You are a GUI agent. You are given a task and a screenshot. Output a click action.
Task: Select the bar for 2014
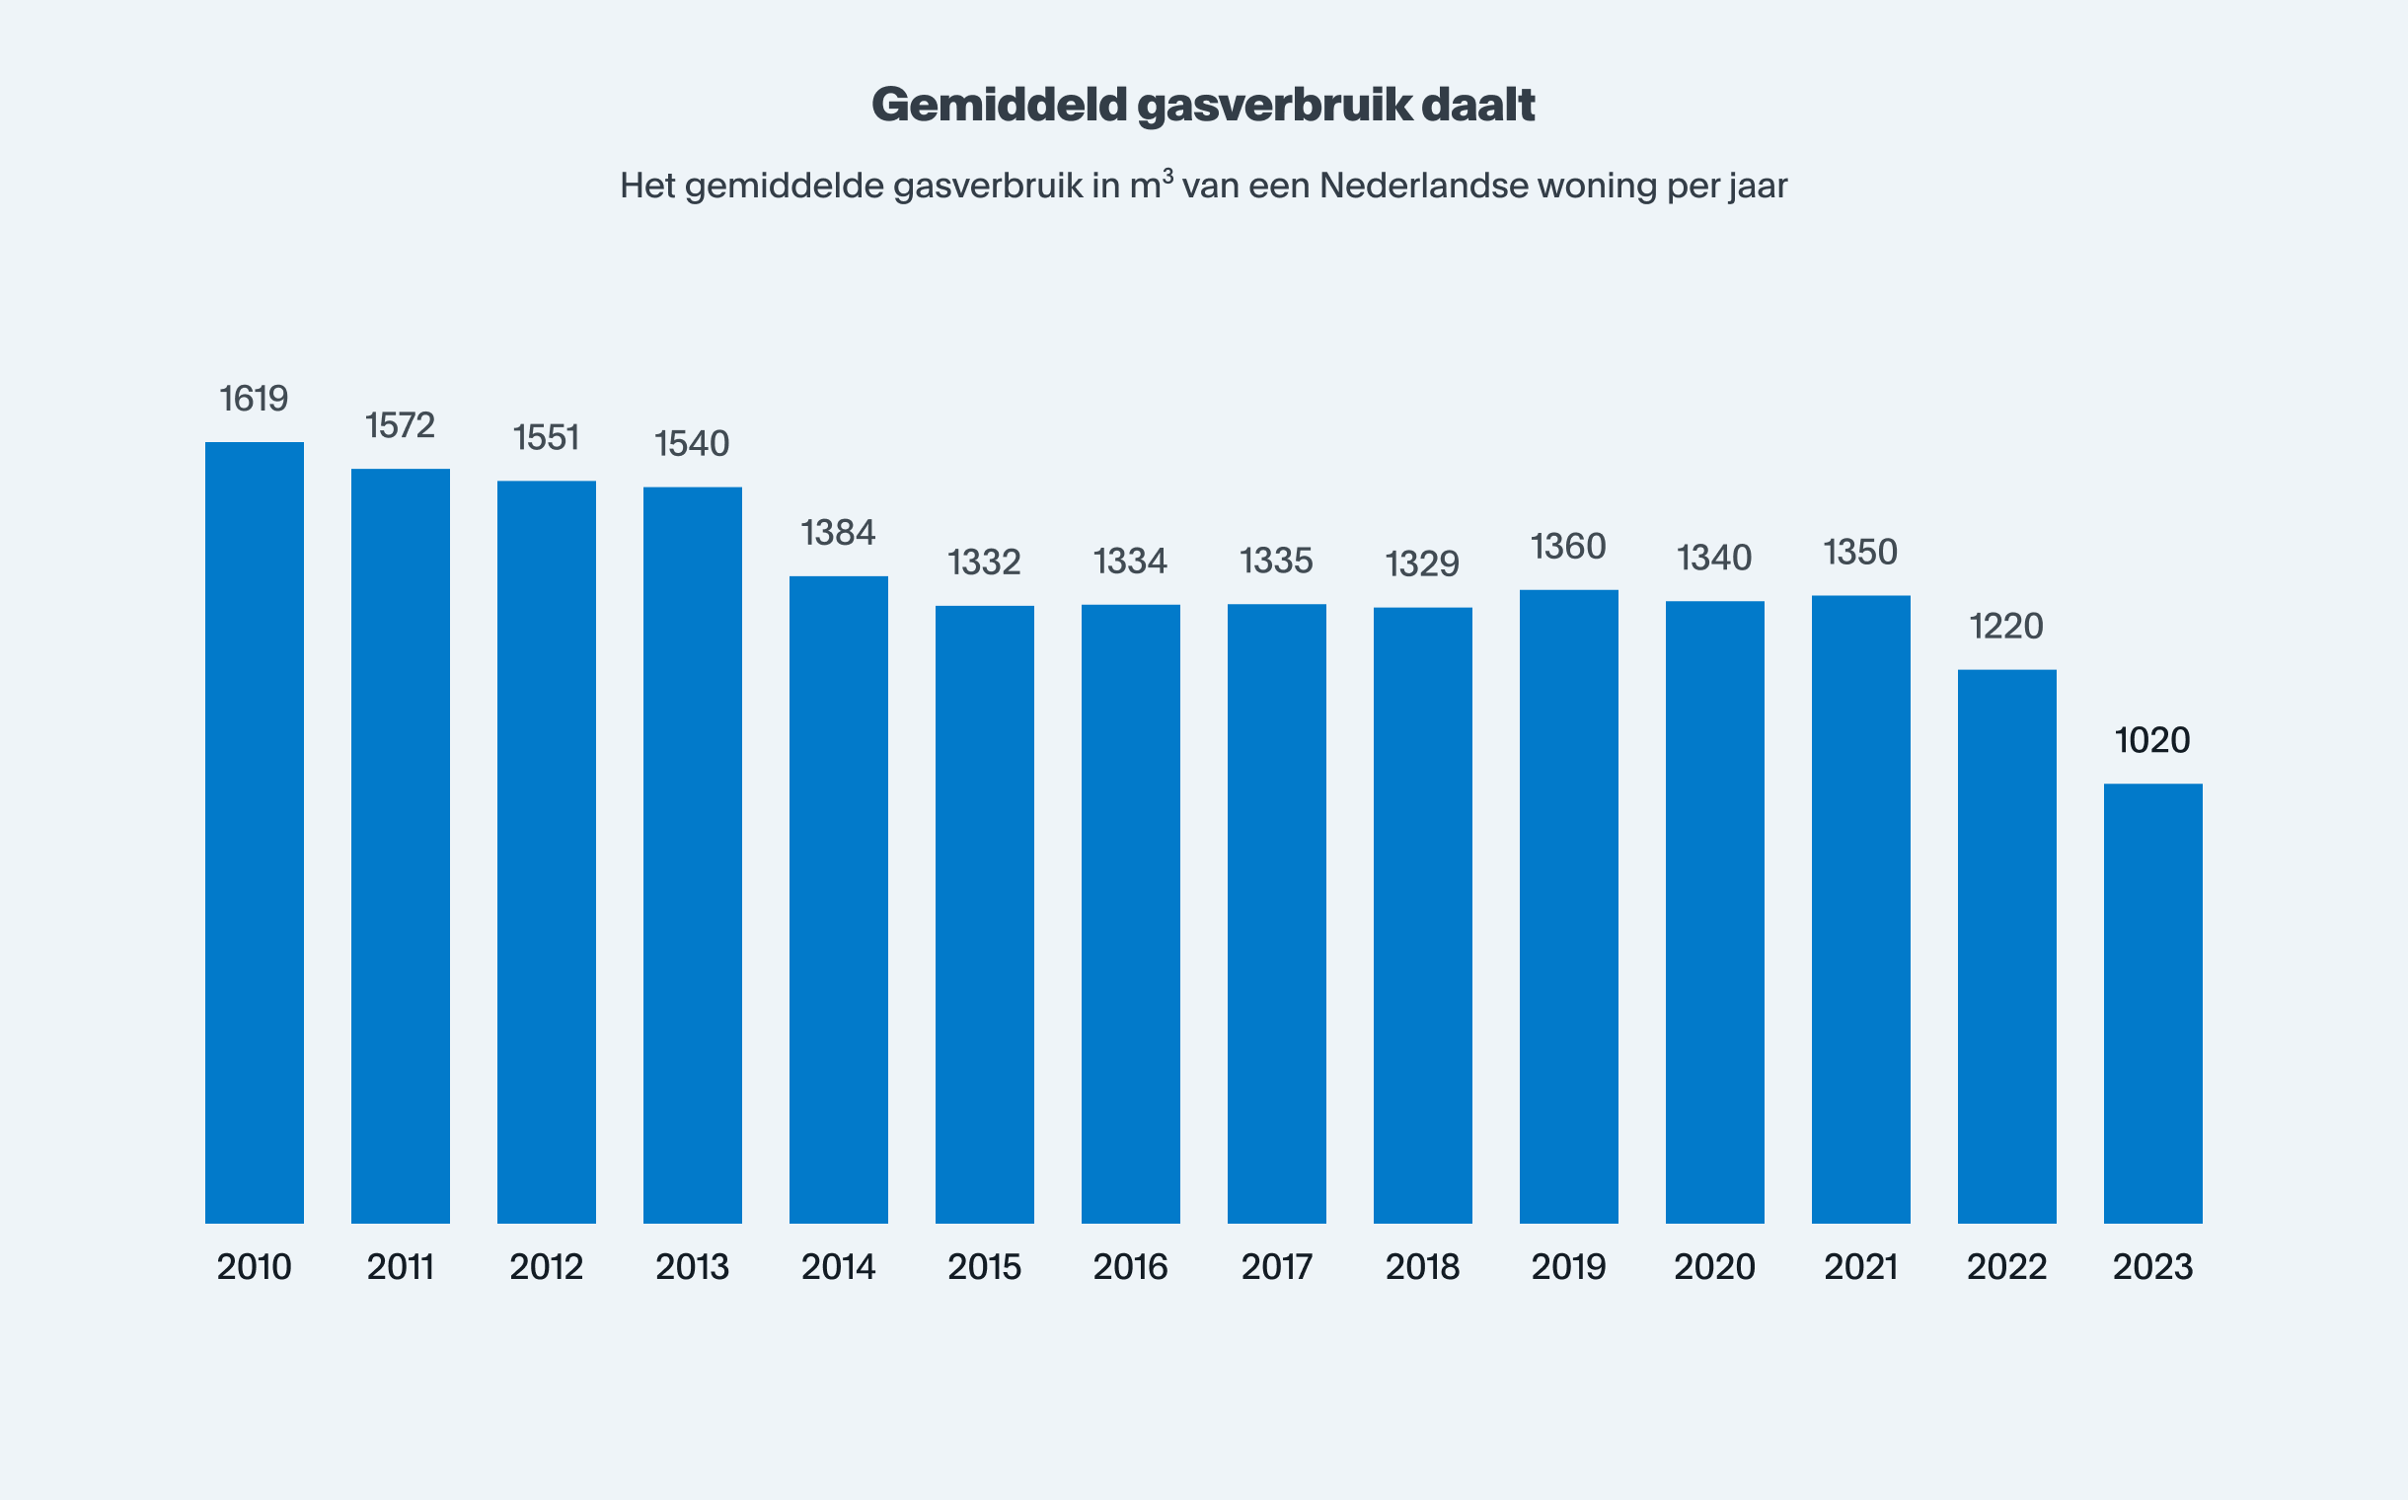coord(839,899)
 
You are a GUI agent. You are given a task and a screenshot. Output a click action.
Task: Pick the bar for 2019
coord(1568,906)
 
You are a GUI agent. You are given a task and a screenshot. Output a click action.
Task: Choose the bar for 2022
coord(2006,945)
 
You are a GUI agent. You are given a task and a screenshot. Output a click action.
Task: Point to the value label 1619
coord(254,399)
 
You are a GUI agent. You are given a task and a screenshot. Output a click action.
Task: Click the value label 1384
coord(839,533)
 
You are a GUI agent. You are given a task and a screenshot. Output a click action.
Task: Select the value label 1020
coord(2152,740)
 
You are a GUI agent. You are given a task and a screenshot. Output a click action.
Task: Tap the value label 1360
coord(1568,547)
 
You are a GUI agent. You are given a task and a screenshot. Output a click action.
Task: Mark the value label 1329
coord(1422,564)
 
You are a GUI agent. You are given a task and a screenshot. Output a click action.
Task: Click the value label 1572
coord(400,425)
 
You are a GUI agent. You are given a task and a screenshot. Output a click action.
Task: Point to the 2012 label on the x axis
coord(546,1267)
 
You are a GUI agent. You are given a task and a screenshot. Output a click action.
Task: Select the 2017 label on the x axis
coord(1276,1267)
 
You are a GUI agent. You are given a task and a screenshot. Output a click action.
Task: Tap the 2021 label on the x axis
coord(1860,1267)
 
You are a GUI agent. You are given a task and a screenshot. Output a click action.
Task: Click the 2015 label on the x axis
coord(984,1267)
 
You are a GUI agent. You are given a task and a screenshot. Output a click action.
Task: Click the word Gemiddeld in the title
coord(999,106)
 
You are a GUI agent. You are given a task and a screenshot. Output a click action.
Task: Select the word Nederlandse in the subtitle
coord(1423,187)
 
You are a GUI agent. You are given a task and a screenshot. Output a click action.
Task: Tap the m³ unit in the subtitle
coord(1151,185)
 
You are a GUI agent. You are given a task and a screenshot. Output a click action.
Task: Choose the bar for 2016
coord(1130,913)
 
